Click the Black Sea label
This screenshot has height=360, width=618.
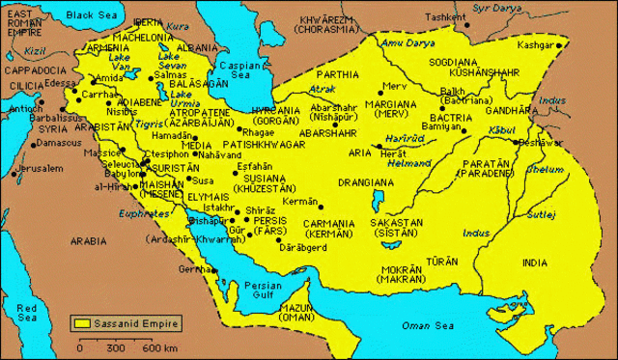coord(91,15)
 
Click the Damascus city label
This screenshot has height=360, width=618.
coord(57,143)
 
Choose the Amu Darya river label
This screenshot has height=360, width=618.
coord(405,43)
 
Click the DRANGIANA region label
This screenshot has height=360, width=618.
coord(366,181)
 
